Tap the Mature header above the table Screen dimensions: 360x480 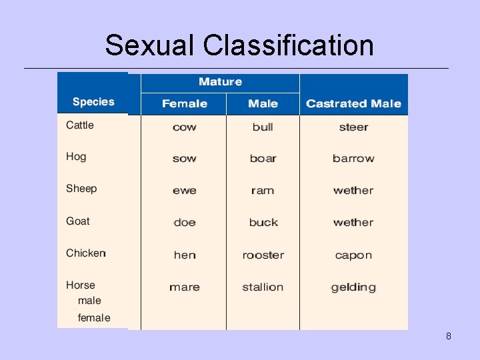(220, 82)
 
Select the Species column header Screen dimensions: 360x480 (93, 102)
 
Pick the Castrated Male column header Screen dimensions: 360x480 (353, 103)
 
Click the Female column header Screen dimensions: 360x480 (184, 103)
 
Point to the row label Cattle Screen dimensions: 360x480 (80, 125)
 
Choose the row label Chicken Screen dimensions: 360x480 (86, 253)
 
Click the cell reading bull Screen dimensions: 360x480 (263, 127)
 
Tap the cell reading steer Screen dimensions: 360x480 (353, 127)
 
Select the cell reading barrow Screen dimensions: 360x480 (353, 159)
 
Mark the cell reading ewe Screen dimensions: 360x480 (184, 191)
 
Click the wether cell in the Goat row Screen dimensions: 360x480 (353, 223)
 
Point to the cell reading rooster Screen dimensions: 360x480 (263, 255)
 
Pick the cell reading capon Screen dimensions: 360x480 (353, 255)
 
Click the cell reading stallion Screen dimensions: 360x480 (263, 287)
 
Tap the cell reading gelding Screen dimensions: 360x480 (353, 287)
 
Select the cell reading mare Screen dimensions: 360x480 (184, 287)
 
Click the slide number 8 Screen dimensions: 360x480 (449, 336)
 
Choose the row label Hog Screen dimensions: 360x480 (76, 157)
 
